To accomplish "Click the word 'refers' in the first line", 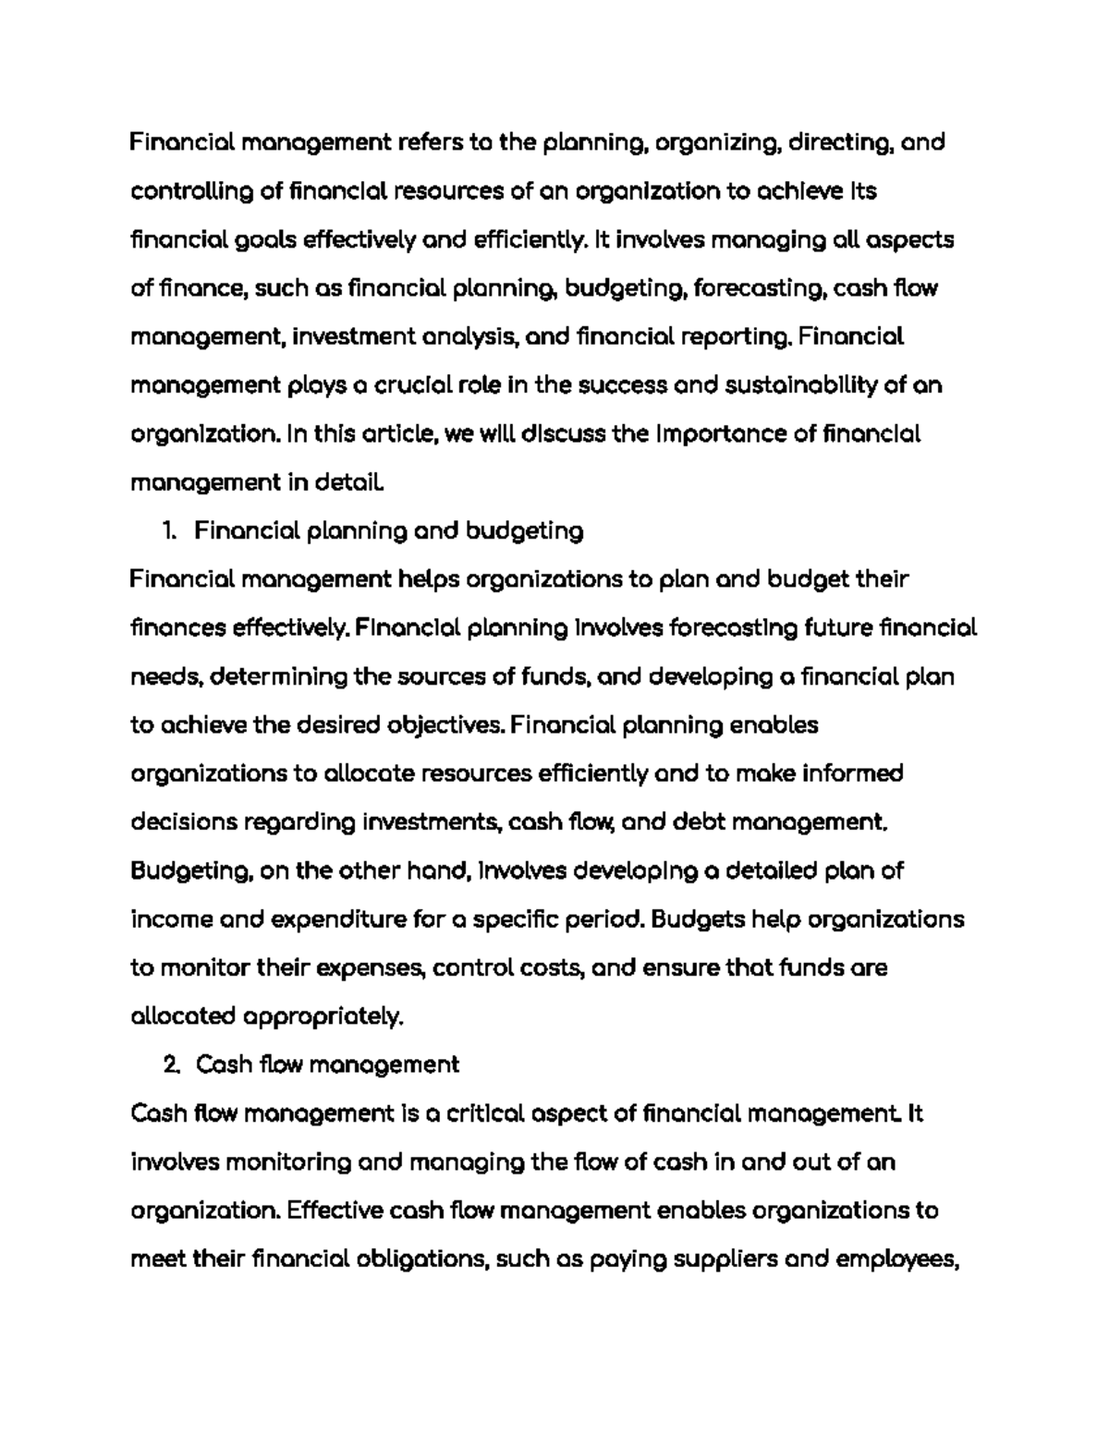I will click(x=431, y=143).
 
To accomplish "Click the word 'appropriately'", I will click(x=323, y=1017).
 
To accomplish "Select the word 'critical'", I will click(x=485, y=1113).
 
